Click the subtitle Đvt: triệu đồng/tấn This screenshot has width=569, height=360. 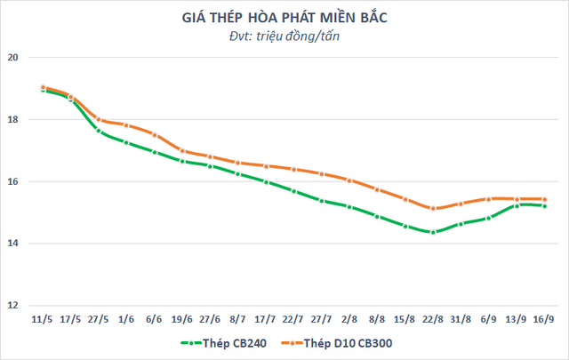[x=284, y=36]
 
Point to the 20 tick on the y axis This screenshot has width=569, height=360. [x=13, y=58]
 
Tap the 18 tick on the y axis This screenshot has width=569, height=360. [x=13, y=120]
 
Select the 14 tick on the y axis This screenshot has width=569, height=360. [x=13, y=244]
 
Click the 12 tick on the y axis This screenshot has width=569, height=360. [x=13, y=305]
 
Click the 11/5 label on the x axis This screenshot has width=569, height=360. [x=42, y=317]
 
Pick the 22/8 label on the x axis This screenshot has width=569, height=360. [x=433, y=317]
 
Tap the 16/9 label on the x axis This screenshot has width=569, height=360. [x=545, y=317]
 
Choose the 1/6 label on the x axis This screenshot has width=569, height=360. [x=126, y=317]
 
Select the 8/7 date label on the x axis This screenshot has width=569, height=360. [x=237, y=317]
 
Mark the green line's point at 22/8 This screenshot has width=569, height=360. [x=433, y=233]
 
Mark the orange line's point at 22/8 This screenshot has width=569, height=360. [x=433, y=209]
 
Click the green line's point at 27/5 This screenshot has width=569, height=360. [x=98, y=131]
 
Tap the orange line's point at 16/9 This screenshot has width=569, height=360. [x=545, y=199]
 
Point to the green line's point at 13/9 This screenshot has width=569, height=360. [x=517, y=205]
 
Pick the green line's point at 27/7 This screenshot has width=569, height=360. [x=321, y=201]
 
